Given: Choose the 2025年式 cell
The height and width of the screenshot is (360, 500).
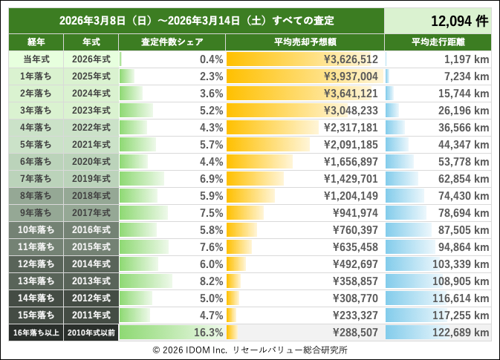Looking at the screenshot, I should click(91, 76).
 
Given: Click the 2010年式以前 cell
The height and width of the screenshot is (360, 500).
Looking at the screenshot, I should click(91, 333).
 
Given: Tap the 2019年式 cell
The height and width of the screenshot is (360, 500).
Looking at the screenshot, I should click(91, 179).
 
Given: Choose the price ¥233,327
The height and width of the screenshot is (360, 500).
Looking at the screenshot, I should click(355, 315).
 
